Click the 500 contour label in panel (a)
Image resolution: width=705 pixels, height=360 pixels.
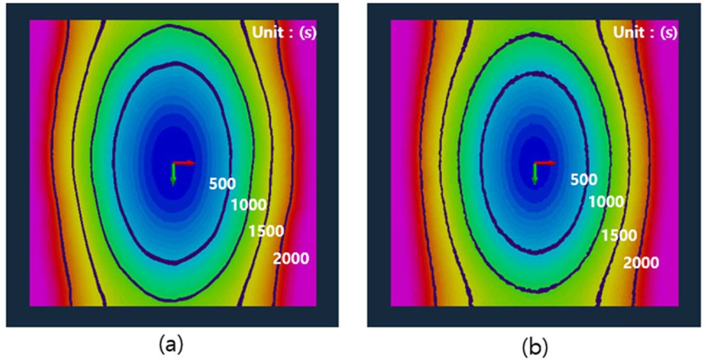[x=222, y=184]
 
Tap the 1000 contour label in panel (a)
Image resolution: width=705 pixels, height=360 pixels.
[x=248, y=205]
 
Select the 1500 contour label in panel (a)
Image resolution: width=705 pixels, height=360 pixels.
[x=266, y=231]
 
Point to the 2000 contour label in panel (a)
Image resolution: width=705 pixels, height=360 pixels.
[x=290, y=258]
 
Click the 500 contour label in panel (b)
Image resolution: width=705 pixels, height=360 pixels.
[x=583, y=180]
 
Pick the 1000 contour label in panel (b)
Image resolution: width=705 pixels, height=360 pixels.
[x=605, y=202]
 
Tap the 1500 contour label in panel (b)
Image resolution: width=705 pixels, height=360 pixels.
[x=619, y=235]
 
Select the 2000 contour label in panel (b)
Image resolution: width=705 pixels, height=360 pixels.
[x=640, y=262]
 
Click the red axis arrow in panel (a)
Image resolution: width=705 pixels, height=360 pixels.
[x=184, y=163]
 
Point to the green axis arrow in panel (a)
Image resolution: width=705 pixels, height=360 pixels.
[x=173, y=175]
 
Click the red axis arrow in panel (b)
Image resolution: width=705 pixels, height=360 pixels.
[x=546, y=163]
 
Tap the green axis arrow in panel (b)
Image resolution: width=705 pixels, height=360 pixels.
[x=535, y=175]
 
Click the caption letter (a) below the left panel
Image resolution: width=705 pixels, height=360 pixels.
[x=170, y=345]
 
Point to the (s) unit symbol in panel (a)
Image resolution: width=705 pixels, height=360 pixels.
[x=308, y=33]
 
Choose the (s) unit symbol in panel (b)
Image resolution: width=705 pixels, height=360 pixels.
[x=670, y=33]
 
